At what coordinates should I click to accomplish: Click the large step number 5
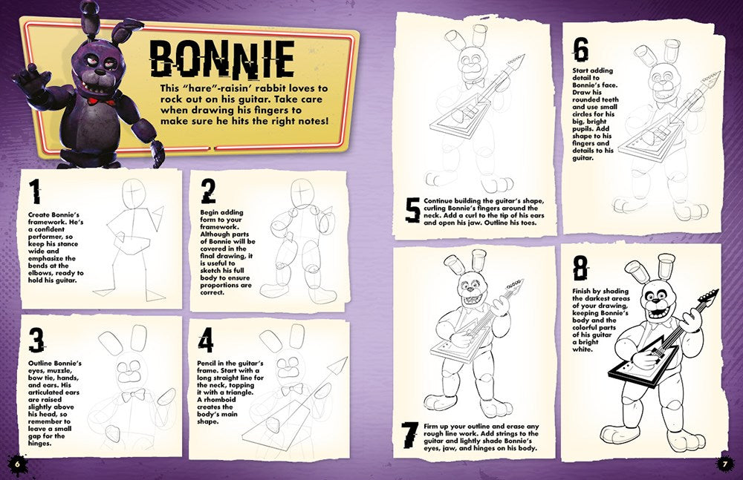(x=412, y=211)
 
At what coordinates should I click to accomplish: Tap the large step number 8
(x=580, y=270)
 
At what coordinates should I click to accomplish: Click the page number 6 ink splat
(x=16, y=463)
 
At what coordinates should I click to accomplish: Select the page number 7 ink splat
(x=725, y=463)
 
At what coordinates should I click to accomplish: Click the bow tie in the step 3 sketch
(x=132, y=395)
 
